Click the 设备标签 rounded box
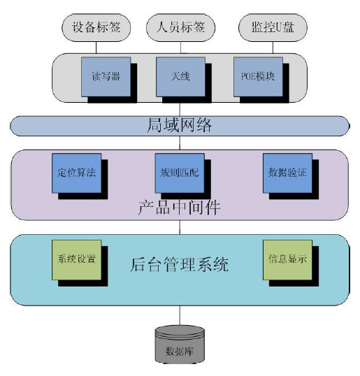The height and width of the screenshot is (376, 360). (96, 27)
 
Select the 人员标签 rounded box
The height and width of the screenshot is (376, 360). (180, 27)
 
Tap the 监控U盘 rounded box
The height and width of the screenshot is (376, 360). (273, 27)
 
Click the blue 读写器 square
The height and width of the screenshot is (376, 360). (106, 77)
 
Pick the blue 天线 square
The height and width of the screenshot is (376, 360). (180, 77)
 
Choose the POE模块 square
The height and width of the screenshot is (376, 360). (258, 77)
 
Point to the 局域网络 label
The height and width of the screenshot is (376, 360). (179, 125)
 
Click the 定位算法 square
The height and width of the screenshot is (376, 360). (77, 173)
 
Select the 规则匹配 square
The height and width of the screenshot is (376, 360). (180, 173)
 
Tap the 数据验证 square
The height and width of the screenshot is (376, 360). (287, 173)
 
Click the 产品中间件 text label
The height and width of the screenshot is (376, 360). (179, 208)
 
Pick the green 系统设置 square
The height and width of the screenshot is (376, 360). (77, 260)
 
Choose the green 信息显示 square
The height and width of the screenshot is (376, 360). (287, 260)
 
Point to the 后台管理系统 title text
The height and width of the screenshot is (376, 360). (180, 265)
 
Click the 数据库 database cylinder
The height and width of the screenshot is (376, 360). (180, 345)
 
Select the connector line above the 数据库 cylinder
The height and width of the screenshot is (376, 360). (180, 315)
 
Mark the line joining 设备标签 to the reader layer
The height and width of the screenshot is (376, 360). (96, 48)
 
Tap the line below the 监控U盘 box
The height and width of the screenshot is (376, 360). (273, 48)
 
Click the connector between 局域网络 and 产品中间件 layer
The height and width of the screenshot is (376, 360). (180, 143)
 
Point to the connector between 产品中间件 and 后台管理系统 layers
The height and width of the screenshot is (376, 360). (180, 227)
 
